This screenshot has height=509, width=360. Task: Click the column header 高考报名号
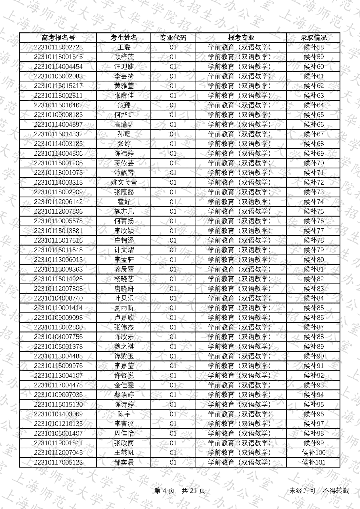pyautogui.click(x=58, y=38)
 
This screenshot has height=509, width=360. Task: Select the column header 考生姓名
pyautogui.click(x=124, y=38)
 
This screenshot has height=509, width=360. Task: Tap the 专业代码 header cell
pyautogui.click(x=173, y=38)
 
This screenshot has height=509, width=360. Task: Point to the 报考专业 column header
pyautogui.click(x=241, y=38)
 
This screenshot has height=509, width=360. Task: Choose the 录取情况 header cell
pyautogui.click(x=313, y=38)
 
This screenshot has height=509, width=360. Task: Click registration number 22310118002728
pyautogui.click(x=58, y=47)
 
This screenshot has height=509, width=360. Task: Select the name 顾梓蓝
pyautogui.click(x=124, y=57)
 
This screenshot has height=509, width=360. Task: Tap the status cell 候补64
pyautogui.click(x=313, y=105)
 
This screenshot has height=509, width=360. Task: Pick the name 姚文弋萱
pyautogui.click(x=124, y=183)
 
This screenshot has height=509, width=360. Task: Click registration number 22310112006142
pyautogui.click(x=58, y=202)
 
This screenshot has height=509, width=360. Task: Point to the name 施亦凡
pyautogui.click(x=124, y=212)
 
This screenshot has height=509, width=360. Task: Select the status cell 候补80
pyautogui.click(x=313, y=260)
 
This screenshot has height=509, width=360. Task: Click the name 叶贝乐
pyautogui.click(x=124, y=299)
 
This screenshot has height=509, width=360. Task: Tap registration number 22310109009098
pyautogui.click(x=58, y=318)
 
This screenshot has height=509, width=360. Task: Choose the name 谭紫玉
pyautogui.click(x=124, y=356)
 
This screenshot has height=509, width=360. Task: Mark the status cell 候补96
pyautogui.click(x=313, y=414)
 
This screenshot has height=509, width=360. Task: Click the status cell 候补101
pyautogui.click(x=313, y=462)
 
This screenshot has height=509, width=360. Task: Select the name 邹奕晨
pyautogui.click(x=124, y=462)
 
